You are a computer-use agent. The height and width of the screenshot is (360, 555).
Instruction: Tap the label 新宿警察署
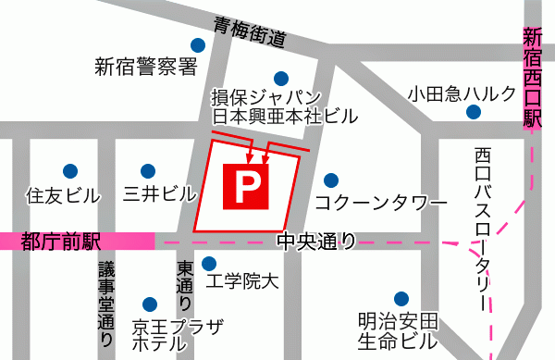(x=147, y=67)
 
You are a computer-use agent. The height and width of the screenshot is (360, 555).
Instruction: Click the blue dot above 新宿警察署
(x=197, y=44)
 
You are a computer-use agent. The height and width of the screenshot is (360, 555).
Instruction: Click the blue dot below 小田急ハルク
(x=474, y=113)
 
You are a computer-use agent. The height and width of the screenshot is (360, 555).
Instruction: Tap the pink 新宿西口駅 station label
(x=532, y=80)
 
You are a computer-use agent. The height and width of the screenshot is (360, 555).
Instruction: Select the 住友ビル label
(x=62, y=195)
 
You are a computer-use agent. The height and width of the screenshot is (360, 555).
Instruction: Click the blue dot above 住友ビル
(x=69, y=170)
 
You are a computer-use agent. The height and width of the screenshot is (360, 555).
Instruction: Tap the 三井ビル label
(x=160, y=195)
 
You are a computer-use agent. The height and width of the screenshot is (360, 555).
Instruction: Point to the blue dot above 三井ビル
(x=148, y=170)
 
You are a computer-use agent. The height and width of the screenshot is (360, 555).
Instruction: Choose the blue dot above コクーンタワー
(x=330, y=180)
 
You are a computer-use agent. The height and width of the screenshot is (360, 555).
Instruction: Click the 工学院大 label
(x=240, y=282)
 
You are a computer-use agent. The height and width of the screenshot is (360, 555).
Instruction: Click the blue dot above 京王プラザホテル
(x=150, y=303)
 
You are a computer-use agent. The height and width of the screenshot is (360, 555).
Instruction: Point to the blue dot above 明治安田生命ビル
(x=400, y=299)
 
